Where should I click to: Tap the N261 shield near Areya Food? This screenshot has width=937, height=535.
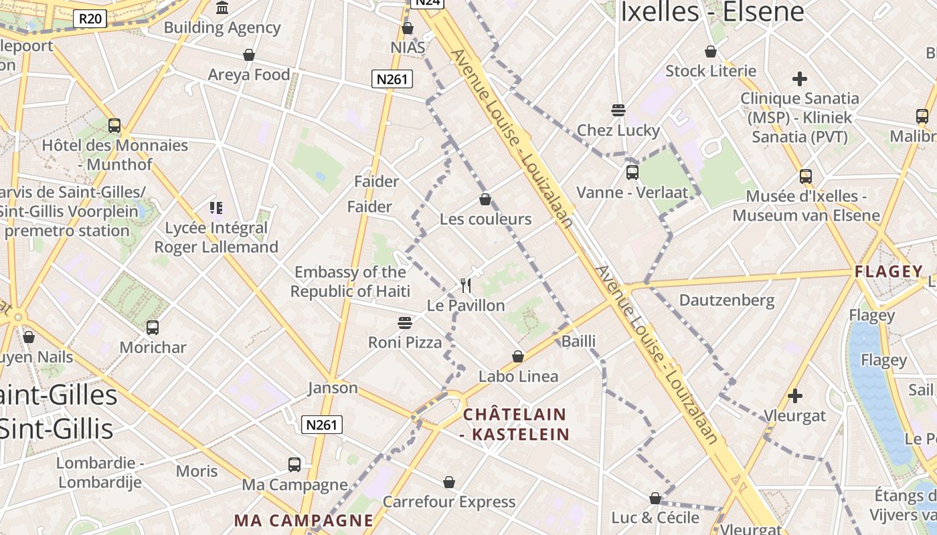tap(392, 80)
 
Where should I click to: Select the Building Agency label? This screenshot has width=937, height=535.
tap(222, 27)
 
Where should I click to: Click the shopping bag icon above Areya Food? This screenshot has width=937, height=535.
tap(249, 55)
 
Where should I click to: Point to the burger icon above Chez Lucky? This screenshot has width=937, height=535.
tap(618, 110)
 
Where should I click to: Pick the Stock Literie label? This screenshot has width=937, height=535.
tap(711, 71)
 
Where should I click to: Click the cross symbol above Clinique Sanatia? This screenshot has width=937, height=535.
tap(799, 79)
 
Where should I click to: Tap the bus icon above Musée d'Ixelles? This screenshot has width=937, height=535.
tap(806, 177)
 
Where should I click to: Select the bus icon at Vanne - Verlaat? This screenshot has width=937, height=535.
tap(632, 173)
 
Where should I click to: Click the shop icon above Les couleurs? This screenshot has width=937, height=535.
tap(485, 199)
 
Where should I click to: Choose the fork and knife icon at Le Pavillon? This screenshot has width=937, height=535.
tap(466, 286)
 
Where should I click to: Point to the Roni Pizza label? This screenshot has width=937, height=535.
tap(405, 342)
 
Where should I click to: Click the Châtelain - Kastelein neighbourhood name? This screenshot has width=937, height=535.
tap(515, 424)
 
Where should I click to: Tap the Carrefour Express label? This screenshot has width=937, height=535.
tap(449, 502)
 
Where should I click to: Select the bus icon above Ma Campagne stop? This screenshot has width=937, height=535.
tap(294, 464)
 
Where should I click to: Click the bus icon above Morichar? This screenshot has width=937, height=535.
tap(153, 328)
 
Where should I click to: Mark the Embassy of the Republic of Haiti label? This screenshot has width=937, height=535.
tap(350, 282)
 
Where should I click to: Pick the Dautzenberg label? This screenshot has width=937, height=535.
tap(727, 300)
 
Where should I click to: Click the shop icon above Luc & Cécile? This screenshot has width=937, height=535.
tap(655, 498)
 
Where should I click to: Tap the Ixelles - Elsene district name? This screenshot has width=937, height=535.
tap(712, 11)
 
